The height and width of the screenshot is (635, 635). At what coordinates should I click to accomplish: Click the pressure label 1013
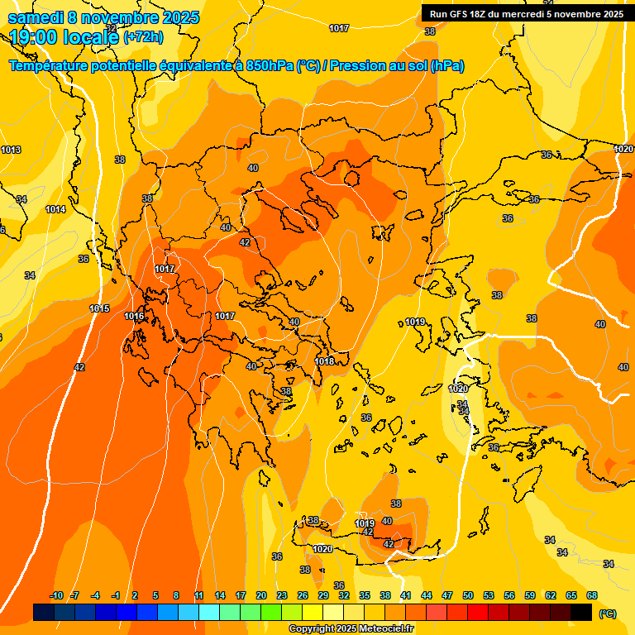coord(11,150)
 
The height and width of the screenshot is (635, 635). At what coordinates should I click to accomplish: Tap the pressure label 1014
coord(55,209)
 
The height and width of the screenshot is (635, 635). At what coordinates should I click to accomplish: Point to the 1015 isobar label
coord(99,308)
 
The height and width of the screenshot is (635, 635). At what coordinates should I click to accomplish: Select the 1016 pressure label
coord(134,316)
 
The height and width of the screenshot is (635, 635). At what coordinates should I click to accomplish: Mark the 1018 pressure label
coord(324,361)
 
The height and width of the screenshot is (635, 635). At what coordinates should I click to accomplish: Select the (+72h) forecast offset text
coord(143,37)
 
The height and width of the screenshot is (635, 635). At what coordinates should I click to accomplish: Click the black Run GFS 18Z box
coord(526,14)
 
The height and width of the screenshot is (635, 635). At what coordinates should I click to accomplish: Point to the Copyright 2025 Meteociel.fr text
coord(351,629)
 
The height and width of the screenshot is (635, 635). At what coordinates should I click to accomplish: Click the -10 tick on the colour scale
coord(56,595)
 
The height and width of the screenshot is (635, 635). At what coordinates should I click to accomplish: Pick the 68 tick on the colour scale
coord(592,595)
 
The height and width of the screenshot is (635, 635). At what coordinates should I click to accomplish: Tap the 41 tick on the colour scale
coord(405,595)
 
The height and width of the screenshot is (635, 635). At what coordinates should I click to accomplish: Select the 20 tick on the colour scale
coord(261,595)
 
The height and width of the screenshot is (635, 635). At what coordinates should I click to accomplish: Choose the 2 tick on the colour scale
coord(135,595)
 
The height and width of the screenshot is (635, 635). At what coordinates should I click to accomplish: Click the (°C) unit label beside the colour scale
coord(607,614)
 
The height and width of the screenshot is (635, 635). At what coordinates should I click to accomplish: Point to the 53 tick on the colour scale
coord(488,595)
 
